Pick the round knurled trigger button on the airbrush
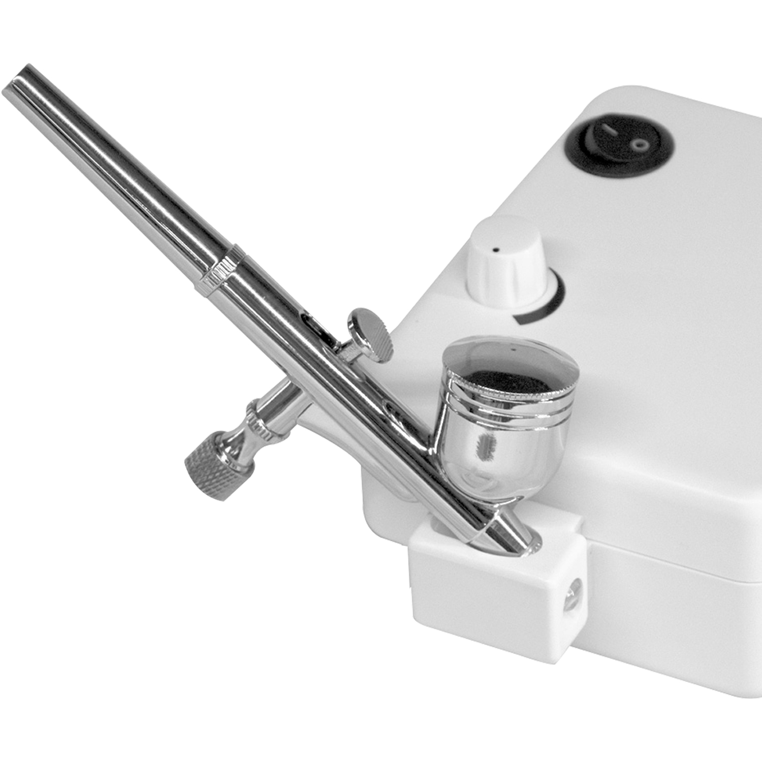coord(370,335)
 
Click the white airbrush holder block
coord(498,589)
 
